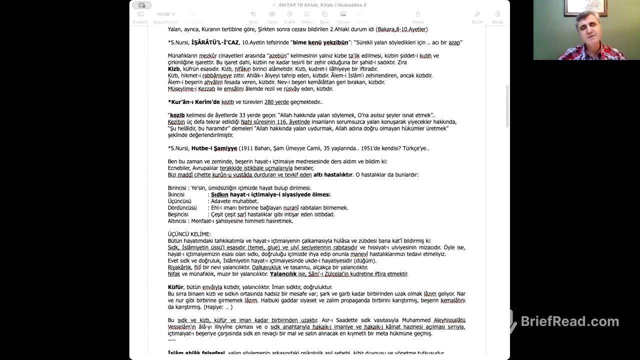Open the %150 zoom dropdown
165,14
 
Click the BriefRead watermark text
569,321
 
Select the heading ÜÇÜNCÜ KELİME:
189,234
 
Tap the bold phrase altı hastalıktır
332,175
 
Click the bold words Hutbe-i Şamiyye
214,148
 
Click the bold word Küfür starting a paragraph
175,287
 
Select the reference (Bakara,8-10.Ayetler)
401,29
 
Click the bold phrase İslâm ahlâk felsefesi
196,353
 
